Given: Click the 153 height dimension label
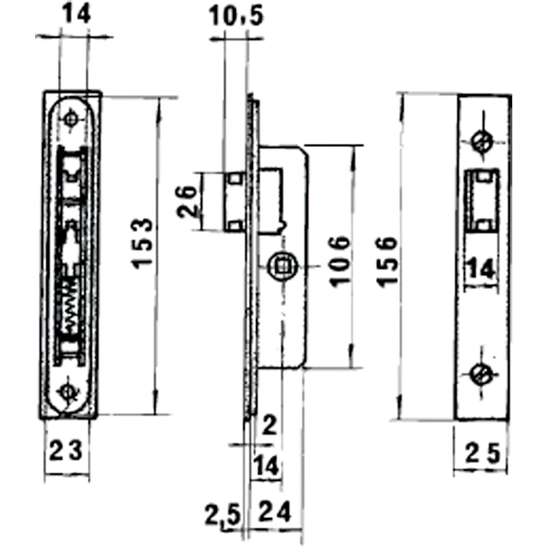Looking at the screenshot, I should pyautogui.click(x=143, y=243).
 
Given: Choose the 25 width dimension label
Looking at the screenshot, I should pyautogui.click(x=482, y=454).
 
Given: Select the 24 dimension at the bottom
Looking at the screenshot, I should pyautogui.click(x=275, y=512).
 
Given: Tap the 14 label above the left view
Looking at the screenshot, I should pyautogui.click(x=77, y=15).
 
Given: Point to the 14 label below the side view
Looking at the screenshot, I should pyautogui.click(x=267, y=466).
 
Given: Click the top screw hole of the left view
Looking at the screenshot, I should pyautogui.click(x=71, y=119).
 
